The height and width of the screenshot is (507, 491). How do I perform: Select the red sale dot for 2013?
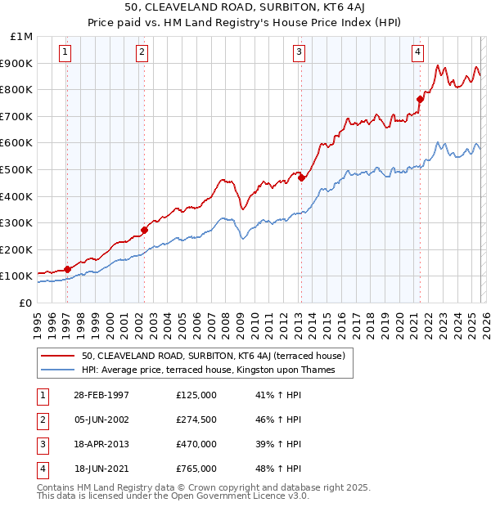click(301, 177)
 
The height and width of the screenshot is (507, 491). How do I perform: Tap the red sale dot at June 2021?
click(420, 99)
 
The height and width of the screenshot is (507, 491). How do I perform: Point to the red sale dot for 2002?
click(144, 230)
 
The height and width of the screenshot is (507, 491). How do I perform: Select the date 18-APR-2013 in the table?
click(101, 445)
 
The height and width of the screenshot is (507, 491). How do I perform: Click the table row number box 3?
click(43, 445)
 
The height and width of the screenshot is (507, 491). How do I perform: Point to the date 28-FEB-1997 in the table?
click(101, 396)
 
